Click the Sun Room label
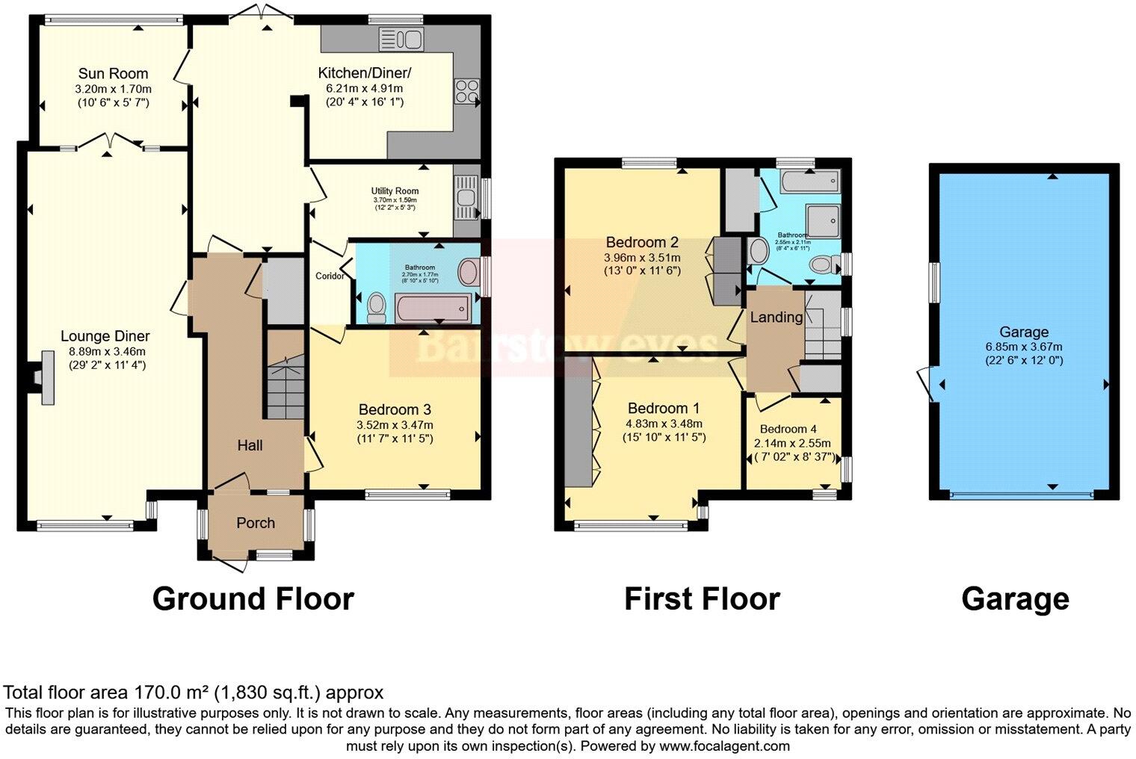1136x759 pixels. pyautogui.click(x=113, y=73)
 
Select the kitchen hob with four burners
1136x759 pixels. pyautogui.click(x=466, y=92)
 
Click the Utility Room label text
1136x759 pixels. pyautogui.click(x=395, y=191)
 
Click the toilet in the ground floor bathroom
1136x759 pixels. pyautogui.click(x=377, y=306)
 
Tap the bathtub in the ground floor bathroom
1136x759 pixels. pyautogui.click(x=433, y=307)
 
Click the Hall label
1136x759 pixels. pyautogui.click(x=250, y=446)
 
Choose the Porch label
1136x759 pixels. pyautogui.click(x=256, y=523)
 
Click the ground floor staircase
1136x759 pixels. pyautogui.click(x=285, y=388)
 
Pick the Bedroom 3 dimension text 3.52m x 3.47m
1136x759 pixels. pyautogui.click(x=395, y=425)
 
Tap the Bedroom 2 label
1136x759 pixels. pyautogui.click(x=641, y=242)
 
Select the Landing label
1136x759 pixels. pyautogui.click(x=776, y=317)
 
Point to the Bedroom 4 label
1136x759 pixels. pyautogui.click(x=788, y=429)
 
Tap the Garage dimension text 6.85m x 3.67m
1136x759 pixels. pyautogui.click(x=1023, y=347)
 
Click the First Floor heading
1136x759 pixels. pyautogui.click(x=702, y=599)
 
